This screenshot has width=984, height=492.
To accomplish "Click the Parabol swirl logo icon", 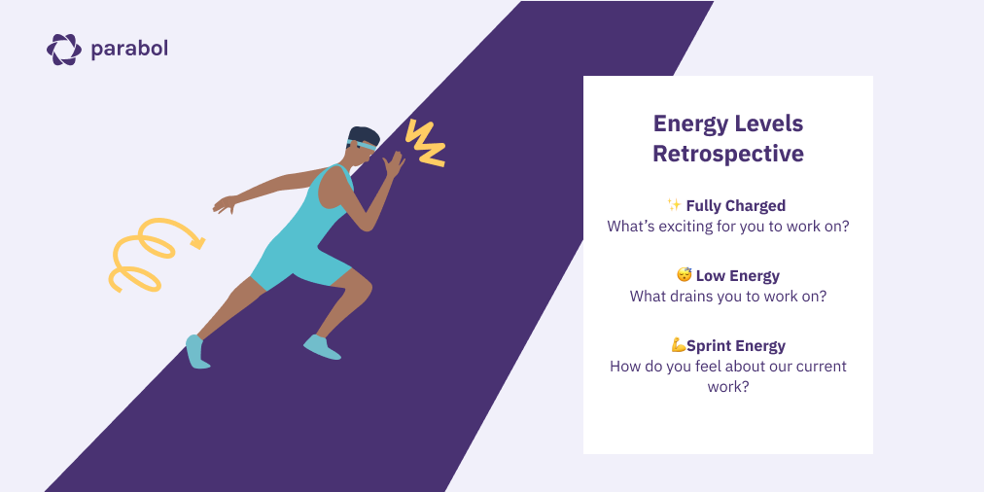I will coord(64,49).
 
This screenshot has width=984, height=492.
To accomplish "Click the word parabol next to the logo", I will coord(129,48).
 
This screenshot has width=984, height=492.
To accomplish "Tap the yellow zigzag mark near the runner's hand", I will coord(425,144).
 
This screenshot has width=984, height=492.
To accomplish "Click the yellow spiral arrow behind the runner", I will coord(151,252).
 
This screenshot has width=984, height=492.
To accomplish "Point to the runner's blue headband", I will coord(363,144).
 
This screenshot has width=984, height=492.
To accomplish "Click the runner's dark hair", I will coord(366,134).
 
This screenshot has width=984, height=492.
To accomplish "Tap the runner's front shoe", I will coord(322,346).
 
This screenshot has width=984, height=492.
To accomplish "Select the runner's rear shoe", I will coord(197,351).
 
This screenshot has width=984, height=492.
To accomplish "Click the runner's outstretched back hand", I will coord(225,204).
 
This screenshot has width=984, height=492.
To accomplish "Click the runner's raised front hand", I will coord(393,164).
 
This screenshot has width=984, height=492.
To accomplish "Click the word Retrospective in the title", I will coord(727,154).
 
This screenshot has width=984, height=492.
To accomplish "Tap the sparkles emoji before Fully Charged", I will coord(674,205).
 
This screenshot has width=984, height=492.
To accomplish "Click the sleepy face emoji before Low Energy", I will coord(684,276).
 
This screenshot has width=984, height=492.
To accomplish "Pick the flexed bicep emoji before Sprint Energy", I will coord(679,345).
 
